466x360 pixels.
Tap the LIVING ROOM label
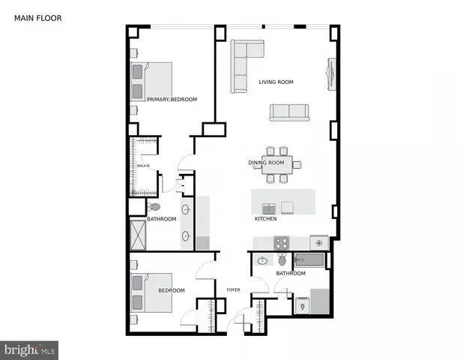point(276,82)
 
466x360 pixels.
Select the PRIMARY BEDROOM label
point(172,100)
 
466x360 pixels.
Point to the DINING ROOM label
point(266,163)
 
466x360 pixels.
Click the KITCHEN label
point(265,219)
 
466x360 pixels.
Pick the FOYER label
point(233,289)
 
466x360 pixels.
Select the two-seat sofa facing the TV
point(289,112)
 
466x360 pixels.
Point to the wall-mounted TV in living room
point(327,72)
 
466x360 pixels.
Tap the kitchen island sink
point(268,208)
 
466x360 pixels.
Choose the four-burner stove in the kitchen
point(281,242)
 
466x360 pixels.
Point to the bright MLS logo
point(29,350)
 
